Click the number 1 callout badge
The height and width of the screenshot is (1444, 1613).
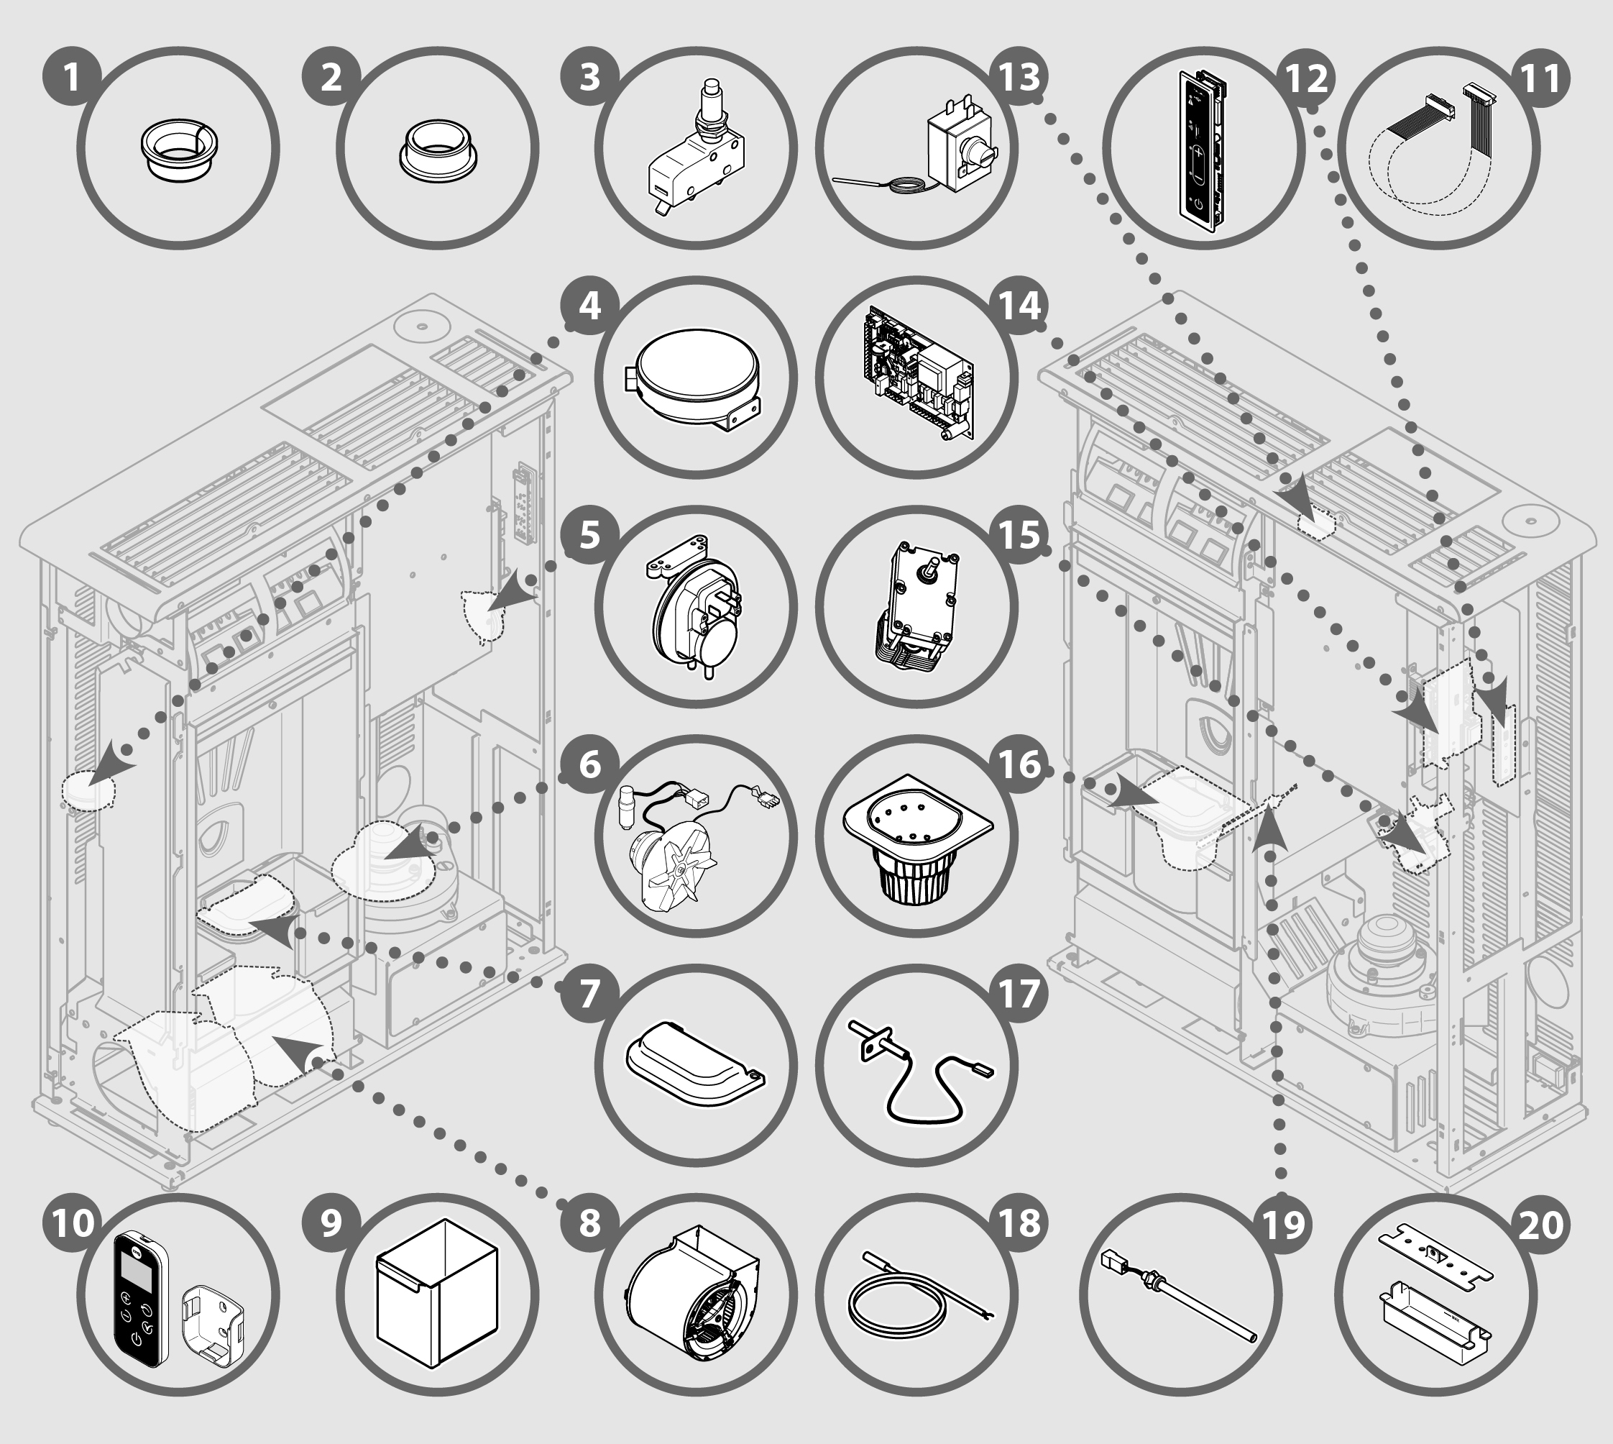72,77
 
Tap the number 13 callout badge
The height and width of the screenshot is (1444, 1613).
1019,77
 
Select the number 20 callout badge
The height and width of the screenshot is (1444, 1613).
1541,1224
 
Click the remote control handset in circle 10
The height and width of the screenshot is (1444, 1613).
139,1297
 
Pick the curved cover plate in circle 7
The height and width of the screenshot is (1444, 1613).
694,1067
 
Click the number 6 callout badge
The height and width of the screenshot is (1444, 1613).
589,766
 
